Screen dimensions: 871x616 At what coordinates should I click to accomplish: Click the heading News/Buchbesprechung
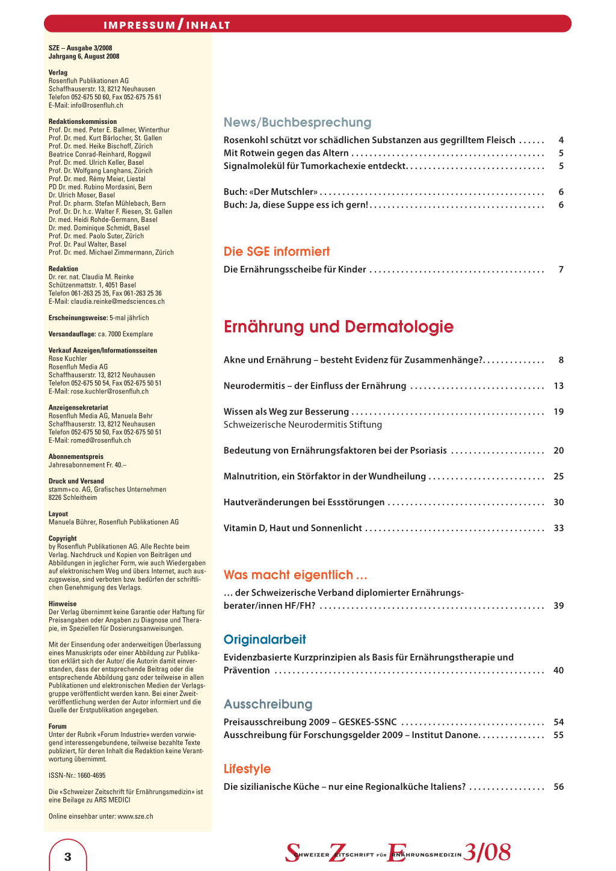[297, 123]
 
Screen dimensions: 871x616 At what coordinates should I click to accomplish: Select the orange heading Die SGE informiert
[277, 251]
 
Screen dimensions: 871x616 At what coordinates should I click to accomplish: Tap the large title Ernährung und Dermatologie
[338, 327]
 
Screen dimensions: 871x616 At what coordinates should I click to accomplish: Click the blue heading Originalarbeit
[265, 639]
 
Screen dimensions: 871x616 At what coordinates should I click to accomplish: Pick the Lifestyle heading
[247, 769]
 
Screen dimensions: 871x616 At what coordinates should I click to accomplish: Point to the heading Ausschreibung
[268, 704]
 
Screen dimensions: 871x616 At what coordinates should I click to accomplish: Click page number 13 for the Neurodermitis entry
[558, 386]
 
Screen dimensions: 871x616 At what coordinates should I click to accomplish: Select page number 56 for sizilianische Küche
[558, 787]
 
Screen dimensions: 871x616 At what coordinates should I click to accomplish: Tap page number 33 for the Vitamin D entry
[558, 528]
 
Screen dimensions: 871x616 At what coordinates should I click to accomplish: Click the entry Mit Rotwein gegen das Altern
[286, 153]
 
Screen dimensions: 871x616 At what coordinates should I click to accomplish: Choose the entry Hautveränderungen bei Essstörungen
[304, 502]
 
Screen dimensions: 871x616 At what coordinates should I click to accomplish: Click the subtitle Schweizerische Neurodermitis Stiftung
[303, 425]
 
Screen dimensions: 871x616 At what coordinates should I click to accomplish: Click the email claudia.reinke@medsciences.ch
[117, 301]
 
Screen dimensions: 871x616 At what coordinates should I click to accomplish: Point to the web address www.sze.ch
[135, 816]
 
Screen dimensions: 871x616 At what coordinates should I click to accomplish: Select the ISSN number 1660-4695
[91, 775]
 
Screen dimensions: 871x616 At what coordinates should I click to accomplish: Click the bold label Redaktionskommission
[82, 122]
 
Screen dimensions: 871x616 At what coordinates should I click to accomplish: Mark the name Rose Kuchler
[67, 359]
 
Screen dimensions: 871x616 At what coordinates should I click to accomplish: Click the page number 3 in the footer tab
[67, 857]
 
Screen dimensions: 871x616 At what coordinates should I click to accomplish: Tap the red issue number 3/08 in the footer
[487, 852]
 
